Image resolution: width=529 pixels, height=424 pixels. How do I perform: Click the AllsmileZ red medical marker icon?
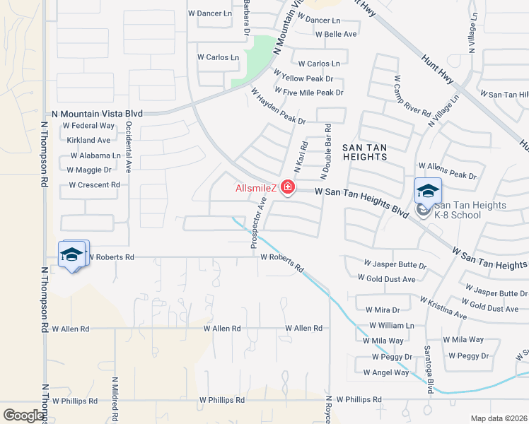288,188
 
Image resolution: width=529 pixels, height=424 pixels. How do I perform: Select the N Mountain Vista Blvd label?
98,113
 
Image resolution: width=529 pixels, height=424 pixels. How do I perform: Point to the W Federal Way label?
88,126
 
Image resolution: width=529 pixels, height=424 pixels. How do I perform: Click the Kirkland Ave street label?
89,141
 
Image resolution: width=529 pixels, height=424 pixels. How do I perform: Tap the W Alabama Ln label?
94,155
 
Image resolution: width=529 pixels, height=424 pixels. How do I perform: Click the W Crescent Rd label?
94,185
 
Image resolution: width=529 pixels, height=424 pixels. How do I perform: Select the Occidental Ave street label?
129,146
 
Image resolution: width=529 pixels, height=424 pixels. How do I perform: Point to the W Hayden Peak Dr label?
278,106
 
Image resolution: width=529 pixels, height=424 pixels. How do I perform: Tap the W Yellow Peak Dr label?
307,78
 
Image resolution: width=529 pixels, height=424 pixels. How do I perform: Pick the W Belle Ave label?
336,34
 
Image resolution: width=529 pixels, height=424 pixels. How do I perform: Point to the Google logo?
23,416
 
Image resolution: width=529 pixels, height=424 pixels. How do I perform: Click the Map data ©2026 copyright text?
499,418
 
